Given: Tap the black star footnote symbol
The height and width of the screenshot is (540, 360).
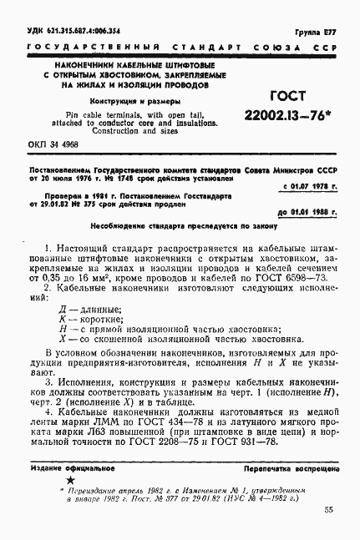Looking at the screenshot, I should point(70,482).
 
